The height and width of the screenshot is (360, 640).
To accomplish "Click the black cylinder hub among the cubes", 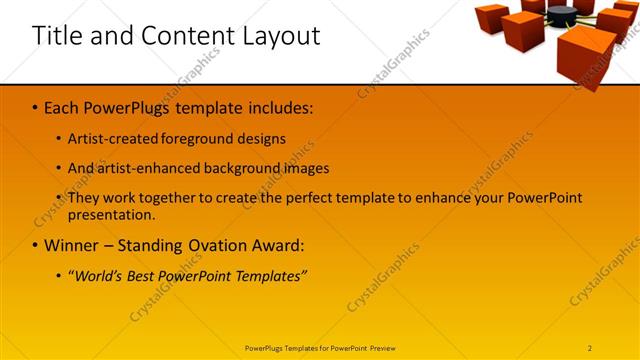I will pyautogui.click(x=562, y=13).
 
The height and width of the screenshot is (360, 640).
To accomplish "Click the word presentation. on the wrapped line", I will pyautogui.click(x=112, y=214).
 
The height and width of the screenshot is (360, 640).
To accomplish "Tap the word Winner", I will pyautogui.click(x=73, y=246).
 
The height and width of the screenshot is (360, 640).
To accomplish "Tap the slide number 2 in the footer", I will pyautogui.click(x=590, y=348).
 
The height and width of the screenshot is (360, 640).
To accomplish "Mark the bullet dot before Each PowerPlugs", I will pyautogui.click(x=35, y=107).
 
